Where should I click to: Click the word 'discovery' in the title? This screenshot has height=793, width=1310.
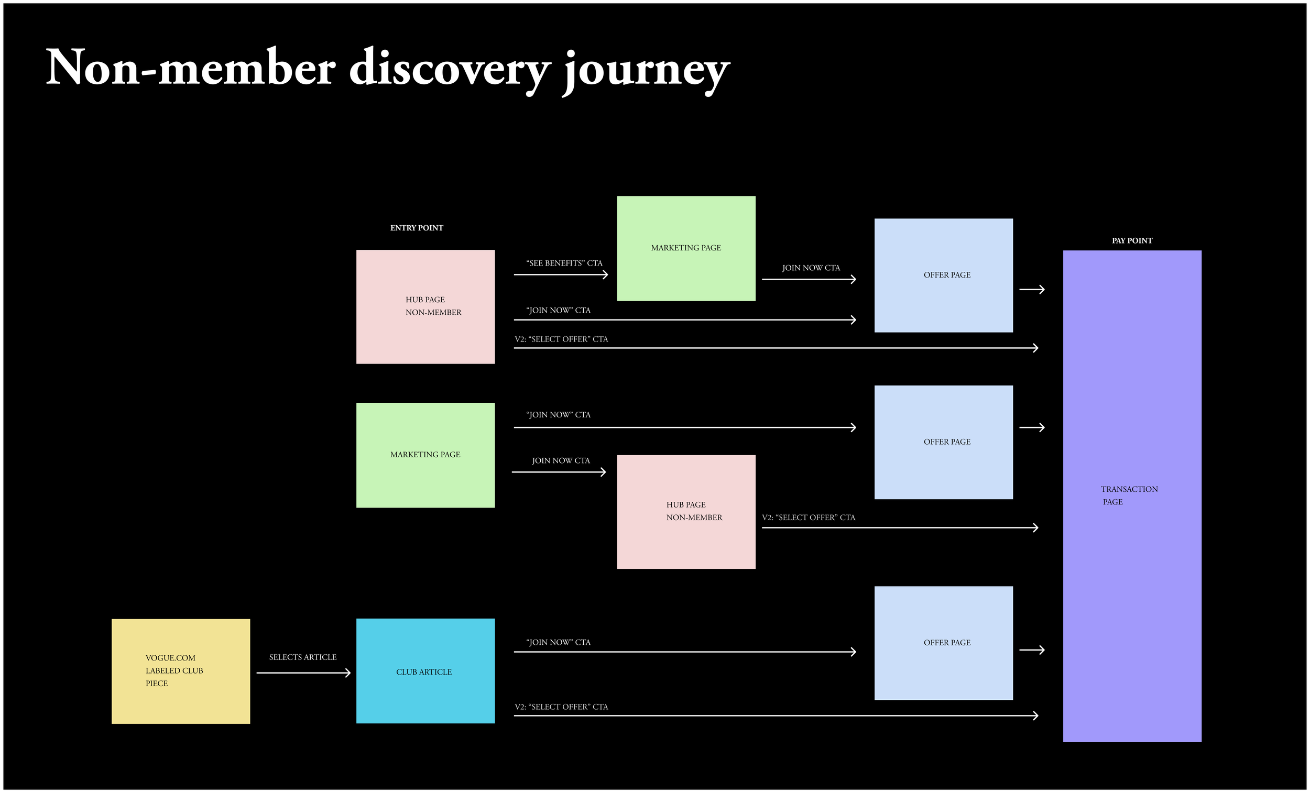coord(449,68)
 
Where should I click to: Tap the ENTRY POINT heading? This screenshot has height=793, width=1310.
coord(416,228)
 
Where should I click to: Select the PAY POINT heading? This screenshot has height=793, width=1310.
coord(1132,241)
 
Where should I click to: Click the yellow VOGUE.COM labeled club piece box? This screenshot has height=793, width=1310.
coord(180,671)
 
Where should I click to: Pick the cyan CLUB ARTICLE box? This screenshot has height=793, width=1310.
coord(425,671)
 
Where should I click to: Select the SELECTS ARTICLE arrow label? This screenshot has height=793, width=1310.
coord(302,657)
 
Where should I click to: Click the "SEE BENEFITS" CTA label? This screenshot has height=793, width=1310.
coord(564,263)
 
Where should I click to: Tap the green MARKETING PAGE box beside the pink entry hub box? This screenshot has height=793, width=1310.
coord(686,248)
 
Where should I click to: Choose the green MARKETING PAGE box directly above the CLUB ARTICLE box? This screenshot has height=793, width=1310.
coord(425,455)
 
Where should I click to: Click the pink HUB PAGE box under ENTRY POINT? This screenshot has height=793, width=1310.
coord(425,307)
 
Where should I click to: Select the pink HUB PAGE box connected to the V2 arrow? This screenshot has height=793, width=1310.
coord(686,512)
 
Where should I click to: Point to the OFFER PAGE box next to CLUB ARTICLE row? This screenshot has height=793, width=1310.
coord(943,643)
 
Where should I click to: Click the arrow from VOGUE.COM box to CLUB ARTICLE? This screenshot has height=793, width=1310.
coord(303,673)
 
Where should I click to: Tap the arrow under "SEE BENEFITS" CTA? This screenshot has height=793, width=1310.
coord(560,275)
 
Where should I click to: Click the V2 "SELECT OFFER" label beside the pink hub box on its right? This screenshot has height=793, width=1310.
coord(808,517)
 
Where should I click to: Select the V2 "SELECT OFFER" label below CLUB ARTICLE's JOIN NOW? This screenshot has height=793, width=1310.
coord(561,707)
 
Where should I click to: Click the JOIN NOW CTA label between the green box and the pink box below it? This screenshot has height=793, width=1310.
coord(560,461)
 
